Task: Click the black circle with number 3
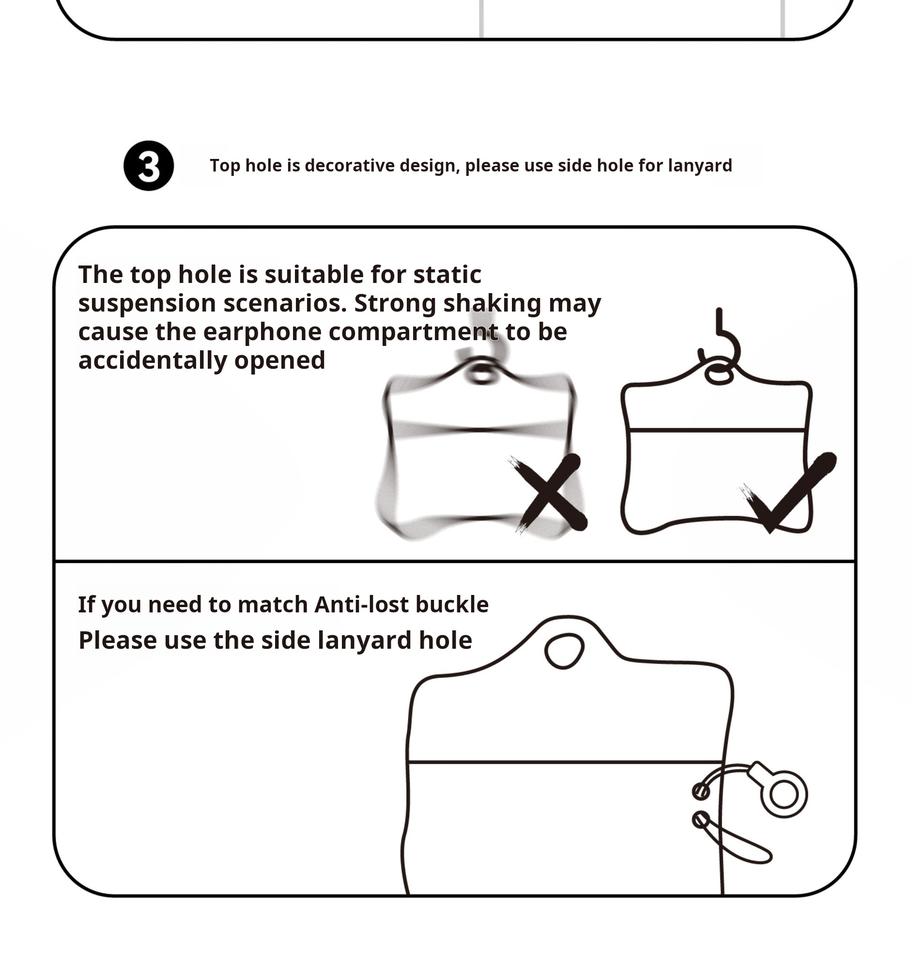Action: coord(149,166)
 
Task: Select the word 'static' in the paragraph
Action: coord(447,274)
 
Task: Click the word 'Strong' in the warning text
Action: coord(395,303)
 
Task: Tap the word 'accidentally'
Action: coord(153,361)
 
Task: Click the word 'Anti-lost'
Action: coord(361,604)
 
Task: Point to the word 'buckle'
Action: coord(451,604)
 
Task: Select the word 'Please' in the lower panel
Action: coord(117,640)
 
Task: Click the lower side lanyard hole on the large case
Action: coord(701,820)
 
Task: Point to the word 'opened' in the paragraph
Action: coord(279,361)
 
